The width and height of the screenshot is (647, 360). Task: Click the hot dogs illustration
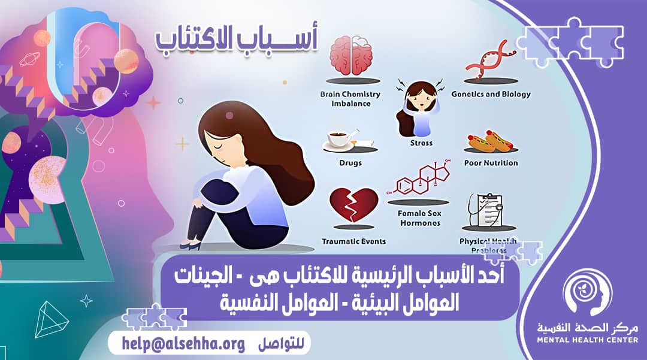click(490, 141)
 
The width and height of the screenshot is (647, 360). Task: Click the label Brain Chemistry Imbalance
click(351, 99)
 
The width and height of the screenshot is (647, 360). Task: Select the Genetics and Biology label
click(491, 94)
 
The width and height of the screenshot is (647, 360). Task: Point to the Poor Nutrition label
click(491, 163)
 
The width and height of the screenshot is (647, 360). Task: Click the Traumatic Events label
click(354, 241)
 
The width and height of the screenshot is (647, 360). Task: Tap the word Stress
click(420, 144)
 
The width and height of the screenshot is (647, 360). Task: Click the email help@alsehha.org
click(183, 344)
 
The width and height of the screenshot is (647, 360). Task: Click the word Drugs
click(350, 163)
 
